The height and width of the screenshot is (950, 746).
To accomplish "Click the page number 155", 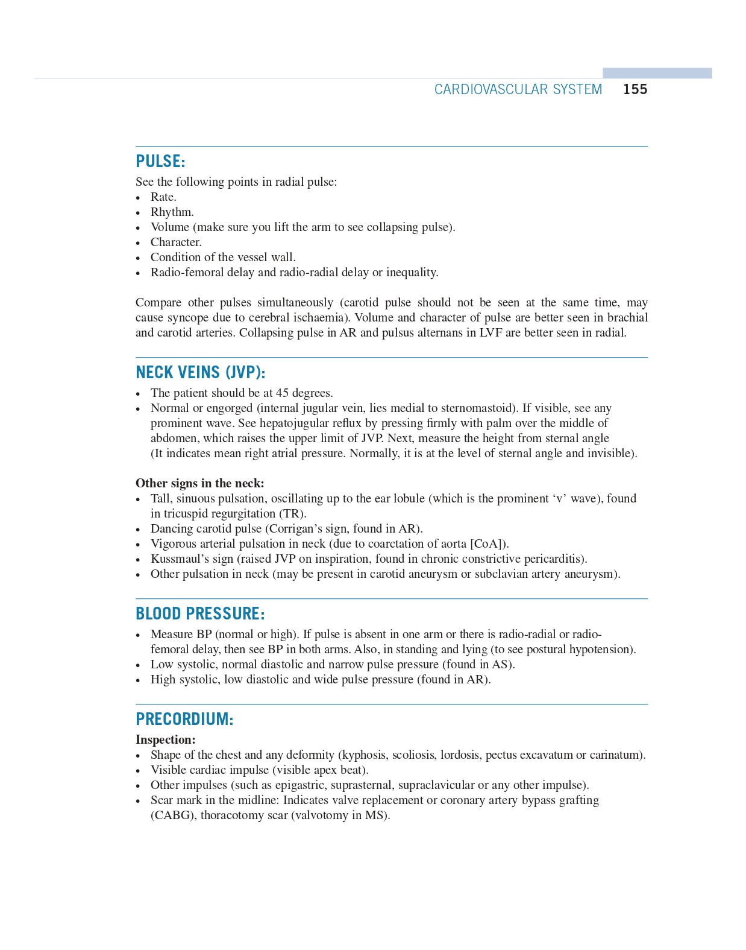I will pos(635,89).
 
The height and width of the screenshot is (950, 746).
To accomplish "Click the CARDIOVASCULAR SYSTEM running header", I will pos(518,89).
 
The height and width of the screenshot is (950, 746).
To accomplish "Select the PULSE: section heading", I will pos(160,161).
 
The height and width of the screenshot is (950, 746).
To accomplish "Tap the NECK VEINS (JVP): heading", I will pos(200,372).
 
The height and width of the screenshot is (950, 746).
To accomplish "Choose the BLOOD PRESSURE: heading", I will pos(200,613).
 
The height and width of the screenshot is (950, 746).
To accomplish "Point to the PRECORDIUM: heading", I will pos(184,719).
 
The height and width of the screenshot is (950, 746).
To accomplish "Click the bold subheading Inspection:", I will pos(165,739).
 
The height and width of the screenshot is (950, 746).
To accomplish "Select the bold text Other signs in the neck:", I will pos(199,483).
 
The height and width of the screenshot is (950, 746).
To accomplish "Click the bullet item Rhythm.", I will pos(172,212).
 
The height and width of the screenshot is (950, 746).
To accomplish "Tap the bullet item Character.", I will pos(176,242).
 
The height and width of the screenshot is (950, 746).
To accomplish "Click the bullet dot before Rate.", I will pos(138,198).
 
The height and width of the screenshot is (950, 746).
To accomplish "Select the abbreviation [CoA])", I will pos(489,543).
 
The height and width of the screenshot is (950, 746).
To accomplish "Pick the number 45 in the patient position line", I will pos(283,393).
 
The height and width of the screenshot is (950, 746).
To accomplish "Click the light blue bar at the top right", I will pos(657,73).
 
